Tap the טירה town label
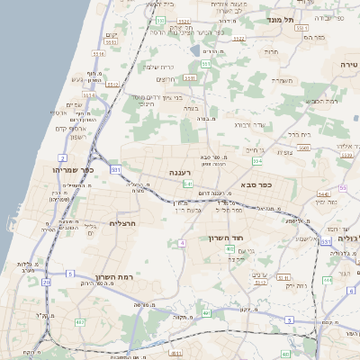point(348,65)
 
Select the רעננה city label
point(179,171)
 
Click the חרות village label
point(270,52)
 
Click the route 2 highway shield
point(63,157)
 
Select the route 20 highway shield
point(45,282)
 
